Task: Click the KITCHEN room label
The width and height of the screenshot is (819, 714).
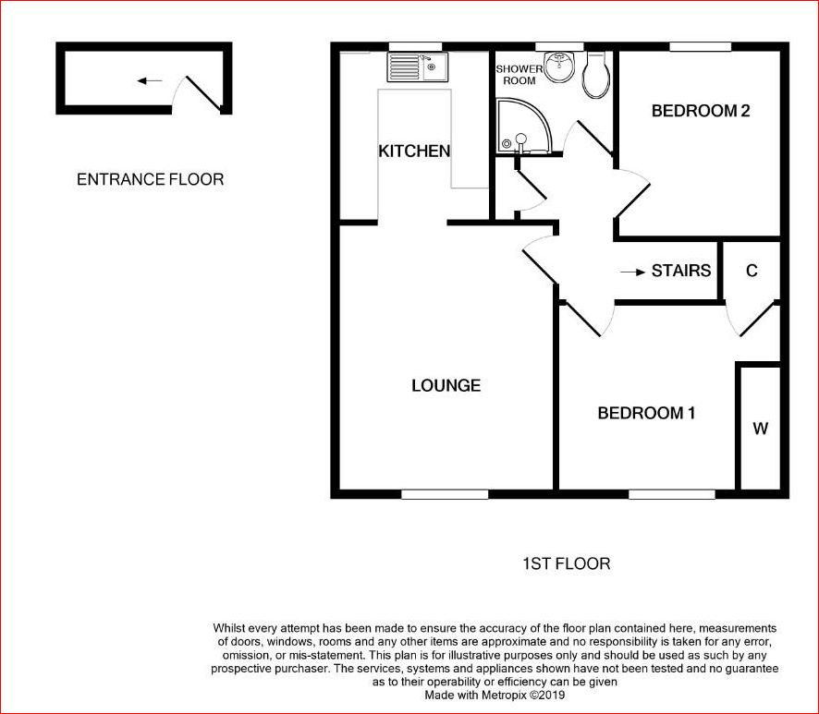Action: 414,151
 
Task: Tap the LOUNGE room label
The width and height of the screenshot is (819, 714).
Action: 446,385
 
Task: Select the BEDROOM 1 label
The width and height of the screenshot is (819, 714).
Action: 645,413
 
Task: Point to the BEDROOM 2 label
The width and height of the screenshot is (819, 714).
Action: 700,111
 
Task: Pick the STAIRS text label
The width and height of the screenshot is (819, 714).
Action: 681,271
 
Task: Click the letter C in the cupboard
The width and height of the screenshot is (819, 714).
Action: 752,271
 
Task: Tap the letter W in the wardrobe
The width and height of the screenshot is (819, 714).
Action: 760,429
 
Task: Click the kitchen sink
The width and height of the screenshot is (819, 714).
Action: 417,67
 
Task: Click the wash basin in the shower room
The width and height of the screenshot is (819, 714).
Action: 558,68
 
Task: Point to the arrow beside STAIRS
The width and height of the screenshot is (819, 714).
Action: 633,272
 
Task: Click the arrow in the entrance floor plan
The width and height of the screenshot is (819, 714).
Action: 149,81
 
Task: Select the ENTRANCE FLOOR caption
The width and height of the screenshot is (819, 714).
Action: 150,179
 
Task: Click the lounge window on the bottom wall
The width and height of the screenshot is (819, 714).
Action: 445,494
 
